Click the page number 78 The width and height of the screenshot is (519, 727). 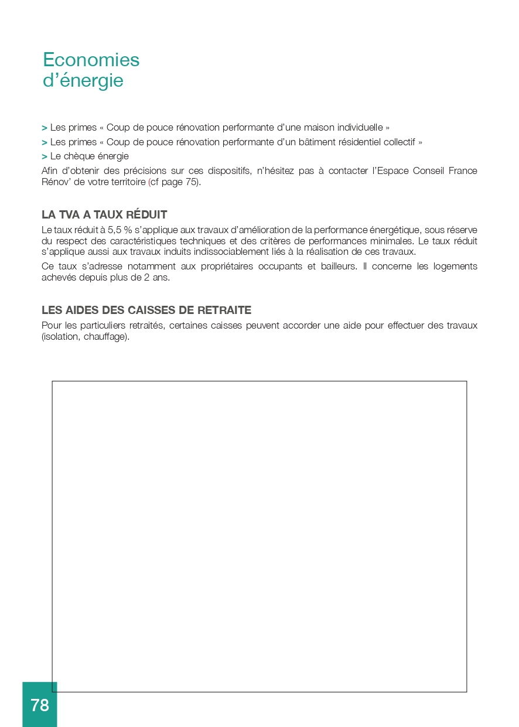pos(40,705)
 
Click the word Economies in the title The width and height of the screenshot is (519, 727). pos(91,60)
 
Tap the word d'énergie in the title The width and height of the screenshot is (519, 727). pos(83,80)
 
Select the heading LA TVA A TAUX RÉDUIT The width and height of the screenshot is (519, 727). pos(104,214)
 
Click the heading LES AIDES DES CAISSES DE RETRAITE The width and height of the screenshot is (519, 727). pos(146,310)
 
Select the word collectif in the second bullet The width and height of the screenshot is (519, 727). pos(400,142)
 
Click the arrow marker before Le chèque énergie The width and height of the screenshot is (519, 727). pos(45,156)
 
